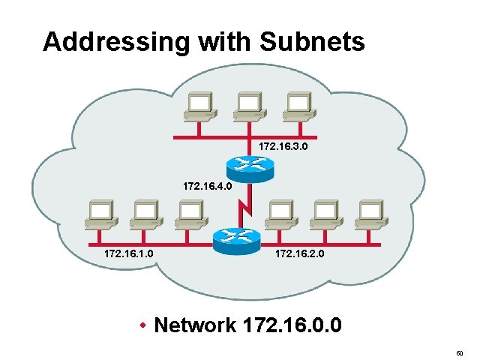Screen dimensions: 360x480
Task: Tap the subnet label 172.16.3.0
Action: [x=283, y=146]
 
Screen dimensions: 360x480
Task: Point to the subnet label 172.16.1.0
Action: [x=130, y=254]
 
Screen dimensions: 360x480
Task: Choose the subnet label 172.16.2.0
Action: [x=300, y=254]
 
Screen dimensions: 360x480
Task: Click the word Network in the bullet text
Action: [x=194, y=325]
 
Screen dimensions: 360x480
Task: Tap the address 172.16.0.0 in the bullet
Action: [x=292, y=325]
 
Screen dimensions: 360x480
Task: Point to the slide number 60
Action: [x=460, y=352]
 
